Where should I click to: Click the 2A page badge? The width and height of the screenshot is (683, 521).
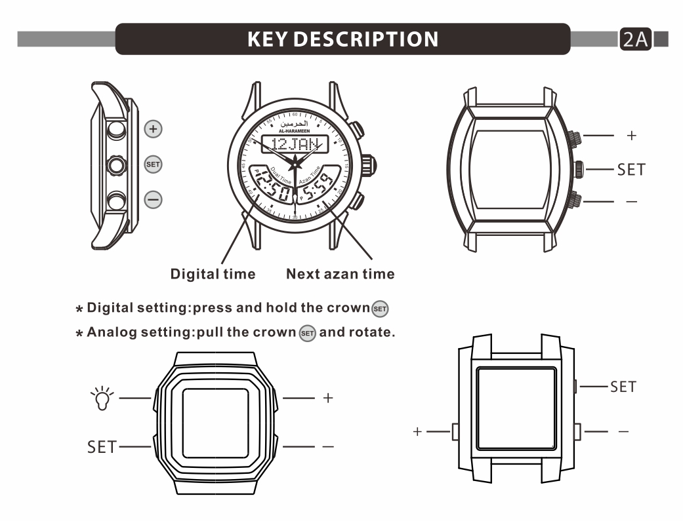[x=634, y=39]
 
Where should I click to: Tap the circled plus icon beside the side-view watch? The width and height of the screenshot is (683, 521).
[x=153, y=129]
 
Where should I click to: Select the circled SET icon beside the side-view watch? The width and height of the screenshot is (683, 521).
[x=153, y=164]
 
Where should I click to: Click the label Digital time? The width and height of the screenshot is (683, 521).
[x=213, y=274]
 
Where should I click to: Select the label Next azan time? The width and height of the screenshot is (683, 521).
[x=341, y=274]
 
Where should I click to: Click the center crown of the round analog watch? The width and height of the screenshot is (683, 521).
[x=367, y=164]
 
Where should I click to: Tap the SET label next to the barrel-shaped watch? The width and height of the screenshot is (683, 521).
[x=631, y=169]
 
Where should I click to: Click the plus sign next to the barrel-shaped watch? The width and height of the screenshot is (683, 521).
[x=631, y=136]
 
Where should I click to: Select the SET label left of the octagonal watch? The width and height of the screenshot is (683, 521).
[x=103, y=448]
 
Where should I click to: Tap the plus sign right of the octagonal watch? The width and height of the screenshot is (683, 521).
[x=328, y=398]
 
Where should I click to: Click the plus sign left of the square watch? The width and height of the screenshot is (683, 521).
[x=417, y=432]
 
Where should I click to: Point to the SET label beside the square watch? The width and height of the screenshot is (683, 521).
[x=623, y=387]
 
